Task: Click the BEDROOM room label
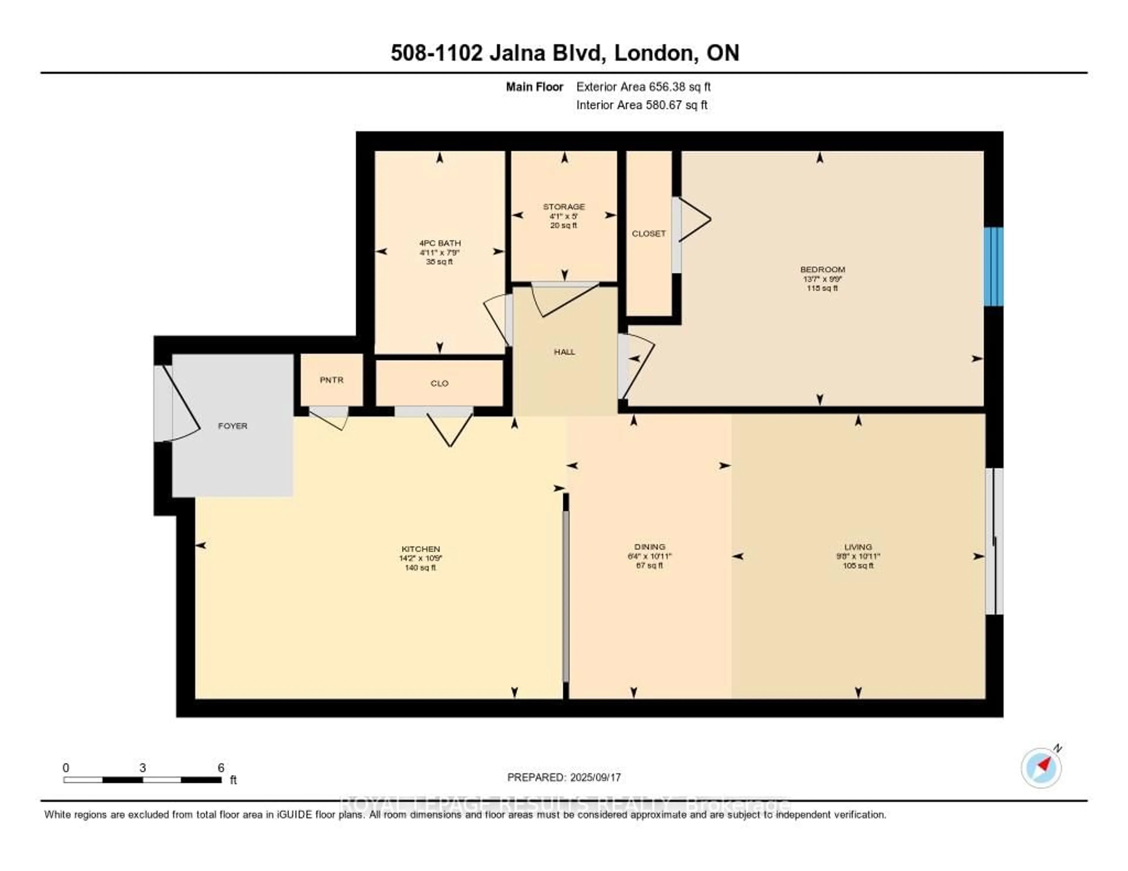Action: [x=822, y=269]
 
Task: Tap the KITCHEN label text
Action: [x=420, y=549]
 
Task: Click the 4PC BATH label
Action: [x=439, y=243]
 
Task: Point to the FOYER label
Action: [x=232, y=426]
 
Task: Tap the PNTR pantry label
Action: [x=331, y=380]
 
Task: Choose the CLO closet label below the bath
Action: [x=439, y=383]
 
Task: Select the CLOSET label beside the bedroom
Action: [x=648, y=233]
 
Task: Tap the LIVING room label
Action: [x=858, y=547]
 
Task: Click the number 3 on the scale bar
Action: [x=142, y=768]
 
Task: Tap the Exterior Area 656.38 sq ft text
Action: [x=643, y=87]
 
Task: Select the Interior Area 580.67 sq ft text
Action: [x=642, y=105]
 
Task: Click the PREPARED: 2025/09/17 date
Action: [x=563, y=777]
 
